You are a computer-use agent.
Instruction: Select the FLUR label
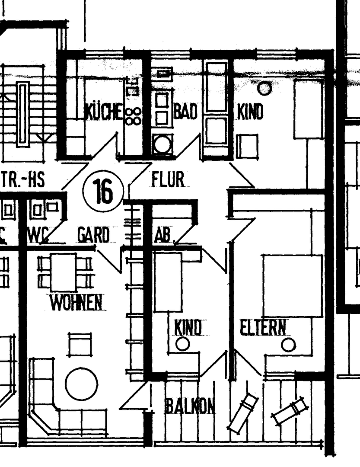[x=168, y=179]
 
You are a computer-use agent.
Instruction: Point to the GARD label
[x=93, y=236]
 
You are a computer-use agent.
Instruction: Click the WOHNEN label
[x=76, y=303]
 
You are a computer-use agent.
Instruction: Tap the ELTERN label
[x=263, y=328]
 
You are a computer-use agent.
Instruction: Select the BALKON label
[x=190, y=406]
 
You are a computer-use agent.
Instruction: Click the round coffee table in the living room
[x=81, y=384]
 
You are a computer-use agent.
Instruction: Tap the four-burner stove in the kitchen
[x=133, y=116]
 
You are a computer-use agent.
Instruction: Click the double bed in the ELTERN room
[x=293, y=286]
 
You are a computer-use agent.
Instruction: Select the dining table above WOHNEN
[x=63, y=272]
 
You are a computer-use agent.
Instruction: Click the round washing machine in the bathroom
[x=162, y=144]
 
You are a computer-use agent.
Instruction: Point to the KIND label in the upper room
[x=250, y=112]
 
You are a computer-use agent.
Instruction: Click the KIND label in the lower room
[x=188, y=328]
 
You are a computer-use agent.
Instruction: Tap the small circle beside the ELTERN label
[x=288, y=345]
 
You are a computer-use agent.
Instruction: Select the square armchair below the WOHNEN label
[x=80, y=344]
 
